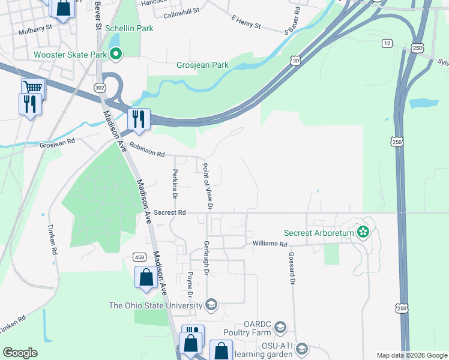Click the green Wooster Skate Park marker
pyautogui.click(x=116, y=55)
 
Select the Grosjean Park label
pyautogui.click(x=203, y=65)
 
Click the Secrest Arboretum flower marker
pyautogui.click(x=363, y=232)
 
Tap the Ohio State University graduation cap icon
pyautogui.click(x=211, y=305)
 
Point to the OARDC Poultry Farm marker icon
pyautogui.click(x=280, y=327)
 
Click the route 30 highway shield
pyautogui.click(x=295, y=60)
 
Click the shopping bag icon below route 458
pyautogui.click(x=146, y=278)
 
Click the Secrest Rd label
pyautogui.click(x=170, y=212)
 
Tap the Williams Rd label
pyautogui.click(x=270, y=244)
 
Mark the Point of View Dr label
pyautogui.click(x=208, y=187)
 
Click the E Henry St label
pyautogui.click(x=246, y=22)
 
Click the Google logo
pyautogui.click(x=20, y=352)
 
